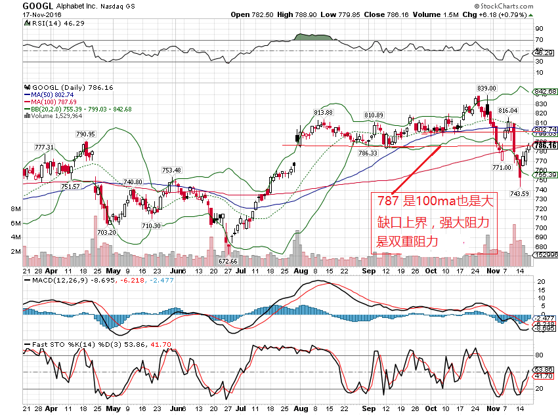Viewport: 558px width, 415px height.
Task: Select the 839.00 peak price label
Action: (486, 88)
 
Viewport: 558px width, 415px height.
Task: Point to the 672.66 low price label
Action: (228, 260)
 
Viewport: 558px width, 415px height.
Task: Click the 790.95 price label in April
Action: (86, 134)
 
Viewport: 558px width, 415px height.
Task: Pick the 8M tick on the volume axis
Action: (12, 208)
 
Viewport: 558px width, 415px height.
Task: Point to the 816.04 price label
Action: (508, 111)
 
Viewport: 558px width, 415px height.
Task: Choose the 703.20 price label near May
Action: (106, 232)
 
